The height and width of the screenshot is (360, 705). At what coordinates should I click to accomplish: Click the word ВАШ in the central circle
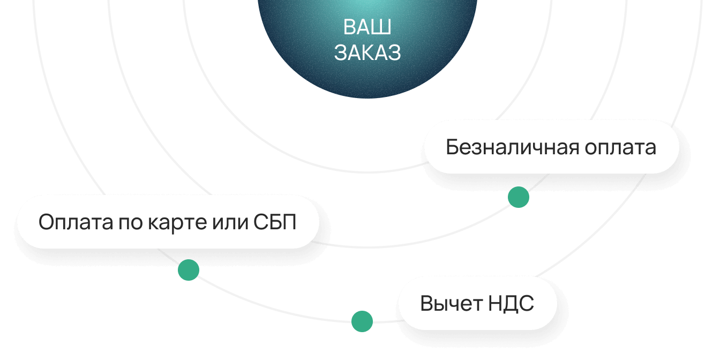coord(367,27)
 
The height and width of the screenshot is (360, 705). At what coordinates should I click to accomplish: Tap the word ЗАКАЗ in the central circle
coord(367,52)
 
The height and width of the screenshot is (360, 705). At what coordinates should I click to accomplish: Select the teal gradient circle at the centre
coord(367,75)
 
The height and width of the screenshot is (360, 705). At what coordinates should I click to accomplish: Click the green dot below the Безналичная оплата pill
coord(519,197)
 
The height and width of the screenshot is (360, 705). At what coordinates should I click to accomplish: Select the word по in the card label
coord(127,222)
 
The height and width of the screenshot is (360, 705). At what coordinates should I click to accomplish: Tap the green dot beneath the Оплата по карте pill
coord(189,269)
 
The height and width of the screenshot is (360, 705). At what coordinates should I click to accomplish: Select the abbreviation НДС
coord(511,304)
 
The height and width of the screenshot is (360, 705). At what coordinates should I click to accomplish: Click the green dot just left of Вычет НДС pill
coord(362,321)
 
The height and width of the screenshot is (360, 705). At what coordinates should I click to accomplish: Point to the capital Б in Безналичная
coord(452,147)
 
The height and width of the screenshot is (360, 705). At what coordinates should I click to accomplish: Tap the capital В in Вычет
coord(426,304)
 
